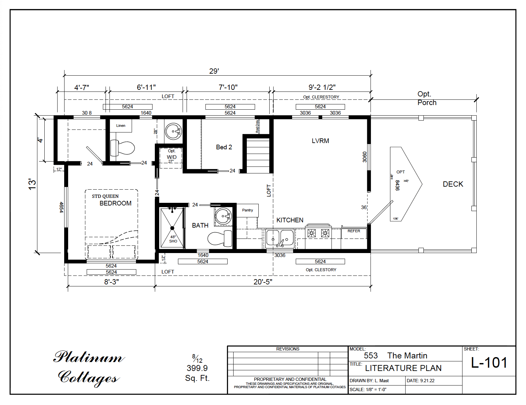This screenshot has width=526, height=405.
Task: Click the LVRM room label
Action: pos(320,141)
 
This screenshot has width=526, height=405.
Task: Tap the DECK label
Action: pos(453,184)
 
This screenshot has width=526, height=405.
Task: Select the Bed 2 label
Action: pos(224,147)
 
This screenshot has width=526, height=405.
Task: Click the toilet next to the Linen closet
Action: pos(123,148)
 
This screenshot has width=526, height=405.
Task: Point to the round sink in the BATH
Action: pos(224,216)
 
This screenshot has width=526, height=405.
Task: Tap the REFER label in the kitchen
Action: pos(354,231)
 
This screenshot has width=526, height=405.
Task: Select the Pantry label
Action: pos(247,210)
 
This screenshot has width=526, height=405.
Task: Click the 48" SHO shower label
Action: pos(173,239)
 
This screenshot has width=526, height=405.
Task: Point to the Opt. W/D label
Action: pos(171,156)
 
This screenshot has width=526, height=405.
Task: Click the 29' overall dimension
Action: pos(214,71)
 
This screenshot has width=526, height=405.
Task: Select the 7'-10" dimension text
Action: pos(228,87)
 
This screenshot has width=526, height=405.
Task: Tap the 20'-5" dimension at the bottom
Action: pos(263,282)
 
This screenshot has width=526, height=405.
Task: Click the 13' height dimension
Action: pos(32,184)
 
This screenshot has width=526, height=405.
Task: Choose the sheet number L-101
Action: pos(489,363)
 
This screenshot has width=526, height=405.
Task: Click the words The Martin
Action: pos(407,356)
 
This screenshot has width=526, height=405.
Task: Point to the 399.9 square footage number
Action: pos(197,368)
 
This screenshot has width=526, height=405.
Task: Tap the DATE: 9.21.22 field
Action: pos(420,381)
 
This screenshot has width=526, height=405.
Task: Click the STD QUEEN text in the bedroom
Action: pos(105,196)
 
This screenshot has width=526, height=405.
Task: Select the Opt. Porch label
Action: pos(426,98)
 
